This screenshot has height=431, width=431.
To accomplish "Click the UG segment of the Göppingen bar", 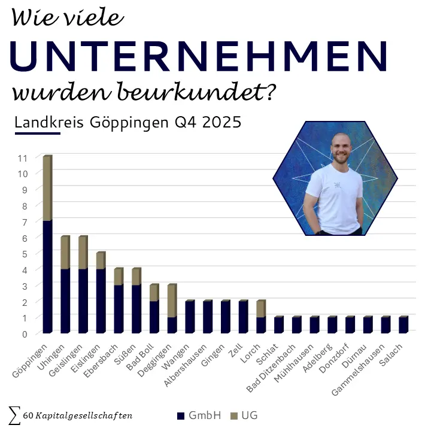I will pyautogui.click(x=47, y=189).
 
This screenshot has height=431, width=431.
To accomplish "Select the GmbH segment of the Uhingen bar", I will pyautogui.click(x=65, y=301).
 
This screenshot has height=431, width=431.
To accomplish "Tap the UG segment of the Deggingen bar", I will pyautogui.click(x=172, y=301).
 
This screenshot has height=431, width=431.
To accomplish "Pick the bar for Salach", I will pyautogui.click(x=403, y=324).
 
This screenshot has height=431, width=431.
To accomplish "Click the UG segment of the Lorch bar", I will pyautogui.click(x=261, y=308).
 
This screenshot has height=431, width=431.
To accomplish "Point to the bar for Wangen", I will pyautogui.click(x=190, y=317).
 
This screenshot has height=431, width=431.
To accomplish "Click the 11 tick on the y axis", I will pyautogui.click(x=23, y=158).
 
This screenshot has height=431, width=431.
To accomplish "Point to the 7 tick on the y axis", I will pyautogui.click(x=24, y=222).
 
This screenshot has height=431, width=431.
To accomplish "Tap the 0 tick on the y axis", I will pyautogui.click(x=24, y=333).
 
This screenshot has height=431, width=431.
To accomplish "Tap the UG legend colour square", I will pyautogui.click(x=234, y=415).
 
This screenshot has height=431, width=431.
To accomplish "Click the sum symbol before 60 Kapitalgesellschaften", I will pyautogui.click(x=14, y=414).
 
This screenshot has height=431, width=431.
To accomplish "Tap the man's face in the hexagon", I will pyautogui.click(x=339, y=148).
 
